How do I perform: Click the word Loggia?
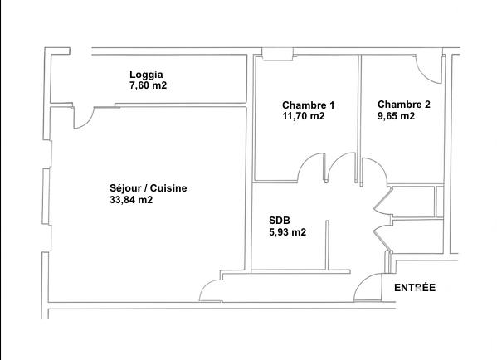point(147,73)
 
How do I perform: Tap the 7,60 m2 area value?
point(149,85)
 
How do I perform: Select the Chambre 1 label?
point(308,105)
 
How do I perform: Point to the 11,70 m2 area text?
point(304,117)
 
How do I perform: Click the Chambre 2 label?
point(404,105)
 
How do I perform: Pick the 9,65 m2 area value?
point(397,116)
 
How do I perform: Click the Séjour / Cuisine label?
point(148,188)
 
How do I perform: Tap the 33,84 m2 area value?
point(131,200)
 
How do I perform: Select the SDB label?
point(280,221)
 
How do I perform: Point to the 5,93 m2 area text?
point(288,232)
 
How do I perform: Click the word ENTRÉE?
point(414,288)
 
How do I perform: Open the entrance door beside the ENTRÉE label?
point(369,286)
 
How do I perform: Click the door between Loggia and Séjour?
point(85,119)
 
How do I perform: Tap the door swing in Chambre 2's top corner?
point(430,71)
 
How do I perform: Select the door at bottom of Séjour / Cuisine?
point(212,290)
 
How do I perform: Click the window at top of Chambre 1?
point(275,56)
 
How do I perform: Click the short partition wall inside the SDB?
point(327,245)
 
